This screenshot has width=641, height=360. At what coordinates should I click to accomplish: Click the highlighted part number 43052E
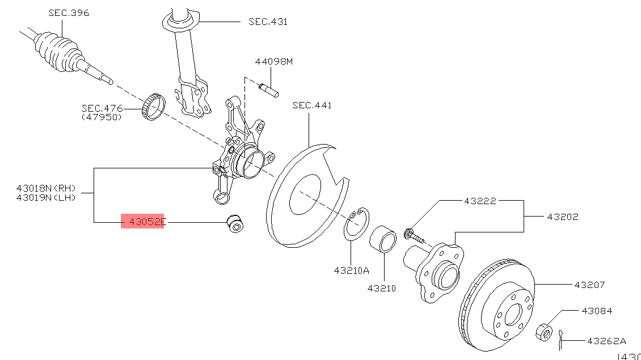[x=147, y=222]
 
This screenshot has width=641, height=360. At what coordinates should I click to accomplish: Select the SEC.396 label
[x=69, y=12]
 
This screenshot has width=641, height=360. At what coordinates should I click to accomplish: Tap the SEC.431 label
[x=268, y=22]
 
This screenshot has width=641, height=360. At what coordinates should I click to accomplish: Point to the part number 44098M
[x=274, y=62]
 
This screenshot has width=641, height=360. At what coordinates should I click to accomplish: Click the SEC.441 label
[x=312, y=105]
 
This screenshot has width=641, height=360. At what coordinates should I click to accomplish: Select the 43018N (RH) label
[x=46, y=188]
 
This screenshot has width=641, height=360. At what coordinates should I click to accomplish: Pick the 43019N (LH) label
[x=46, y=198]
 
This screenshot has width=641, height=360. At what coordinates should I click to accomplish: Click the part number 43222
[x=480, y=201]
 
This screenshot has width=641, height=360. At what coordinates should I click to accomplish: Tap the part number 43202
[x=563, y=217]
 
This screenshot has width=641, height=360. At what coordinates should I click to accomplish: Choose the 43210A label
[x=352, y=270]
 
